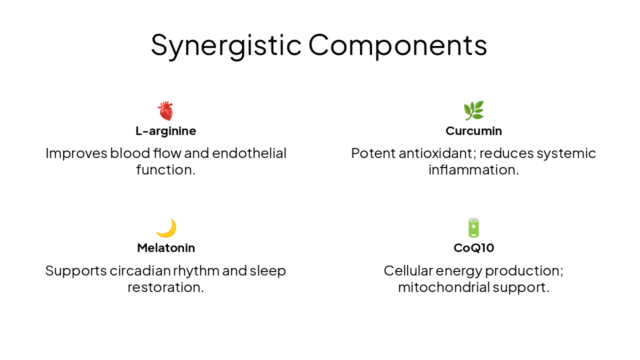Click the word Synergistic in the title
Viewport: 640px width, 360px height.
[x=226, y=45]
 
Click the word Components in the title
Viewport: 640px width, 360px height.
[x=397, y=45]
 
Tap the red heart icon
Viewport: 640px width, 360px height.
[x=165, y=110]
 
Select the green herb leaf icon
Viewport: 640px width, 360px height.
[x=473, y=110]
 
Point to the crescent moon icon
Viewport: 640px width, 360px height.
[x=166, y=228]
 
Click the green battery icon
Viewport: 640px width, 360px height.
[x=473, y=228]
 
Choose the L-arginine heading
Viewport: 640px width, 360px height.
[x=165, y=131]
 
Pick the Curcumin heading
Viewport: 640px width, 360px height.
[x=473, y=131]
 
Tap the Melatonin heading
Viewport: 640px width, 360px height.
[x=166, y=248]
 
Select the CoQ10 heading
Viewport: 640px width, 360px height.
[x=473, y=248]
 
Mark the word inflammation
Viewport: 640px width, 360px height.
[x=473, y=170]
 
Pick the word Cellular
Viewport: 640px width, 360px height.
[x=408, y=270]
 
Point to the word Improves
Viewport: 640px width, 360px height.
[x=76, y=153]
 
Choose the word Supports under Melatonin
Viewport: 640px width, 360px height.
[x=75, y=270]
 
